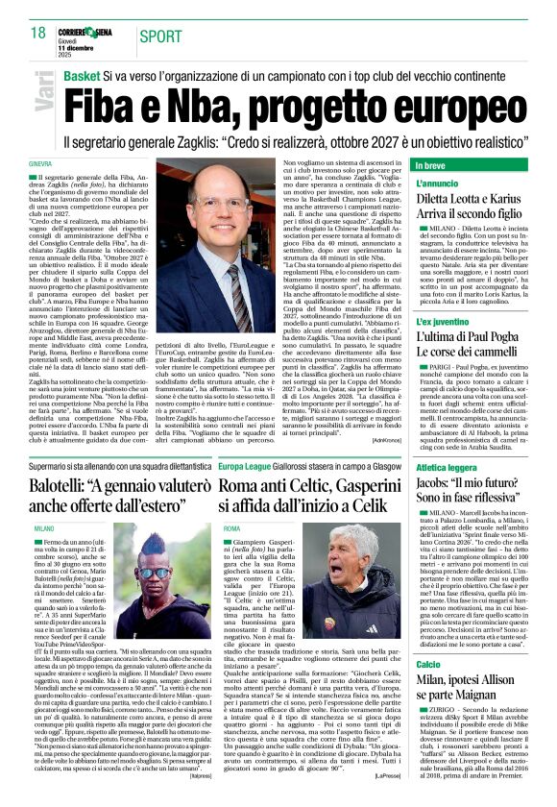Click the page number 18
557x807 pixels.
(x=37, y=34)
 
